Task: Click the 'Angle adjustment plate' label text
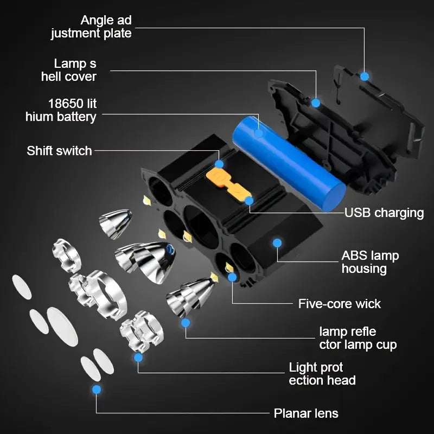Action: click(x=91, y=27)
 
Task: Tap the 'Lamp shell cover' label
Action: click(x=69, y=70)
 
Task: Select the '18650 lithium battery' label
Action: click(x=61, y=110)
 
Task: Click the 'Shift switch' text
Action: click(x=59, y=150)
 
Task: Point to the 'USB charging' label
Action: click(x=384, y=212)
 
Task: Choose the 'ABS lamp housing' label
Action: click(x=369, y=262)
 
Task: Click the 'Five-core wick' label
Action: click(x=340, y=303)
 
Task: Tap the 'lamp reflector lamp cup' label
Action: click(x=358, y=338)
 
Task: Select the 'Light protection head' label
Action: click(x=322, y=374)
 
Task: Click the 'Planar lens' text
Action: click(x=306, y=413)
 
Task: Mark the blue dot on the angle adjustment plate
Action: click(x=365, y=76)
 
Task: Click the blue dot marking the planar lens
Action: click(x=97, y=389)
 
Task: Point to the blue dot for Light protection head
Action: click(x=138, y=358)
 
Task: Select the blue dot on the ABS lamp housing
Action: click(x=277, y=242)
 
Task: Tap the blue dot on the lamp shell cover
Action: click(x=316, y=103)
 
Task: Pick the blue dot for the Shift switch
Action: click(x=219, y=163)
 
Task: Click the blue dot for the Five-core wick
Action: click(x=232, y=277)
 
